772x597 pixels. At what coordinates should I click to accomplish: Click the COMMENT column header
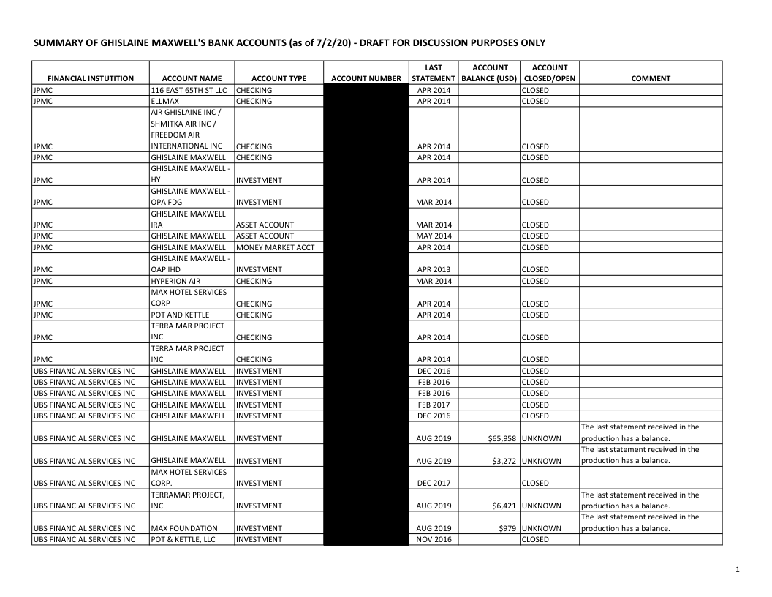(651, 78)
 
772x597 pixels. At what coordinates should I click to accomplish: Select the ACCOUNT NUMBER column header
(366, 78)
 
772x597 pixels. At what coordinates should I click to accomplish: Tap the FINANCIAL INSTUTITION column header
(90, 78)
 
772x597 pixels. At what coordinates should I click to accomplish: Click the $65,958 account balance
(496, 438)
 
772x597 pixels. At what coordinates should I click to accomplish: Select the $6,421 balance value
(499, 506)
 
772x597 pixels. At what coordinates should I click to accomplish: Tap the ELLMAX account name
(165, 101)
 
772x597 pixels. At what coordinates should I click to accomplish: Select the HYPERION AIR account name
(175, 281)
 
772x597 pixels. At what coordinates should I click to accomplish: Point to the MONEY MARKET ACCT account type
(275, 247)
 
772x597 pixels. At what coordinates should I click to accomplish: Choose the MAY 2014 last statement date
(434, 236)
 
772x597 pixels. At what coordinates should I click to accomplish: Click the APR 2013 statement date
(434, 269)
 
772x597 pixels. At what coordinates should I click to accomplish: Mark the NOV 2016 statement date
(434, 539)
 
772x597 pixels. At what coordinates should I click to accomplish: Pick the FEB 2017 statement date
(434, 405)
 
